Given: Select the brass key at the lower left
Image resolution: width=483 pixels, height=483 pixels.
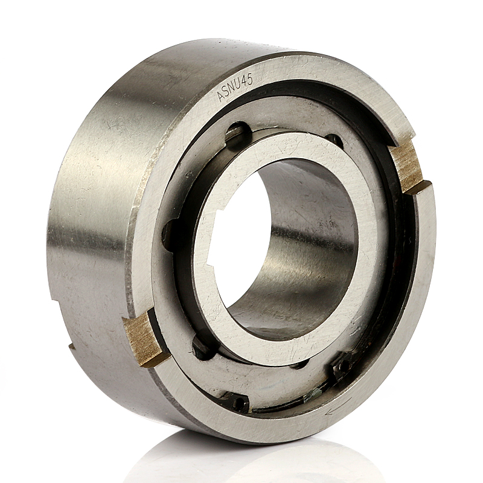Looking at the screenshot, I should pyautogui.click(x=144, y=339).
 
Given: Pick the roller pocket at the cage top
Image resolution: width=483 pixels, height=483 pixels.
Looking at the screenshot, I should pyautogui.click(x=237, y=133).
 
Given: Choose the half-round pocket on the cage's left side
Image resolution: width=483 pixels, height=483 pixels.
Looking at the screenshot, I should pyautogui.click(x=171, y=232).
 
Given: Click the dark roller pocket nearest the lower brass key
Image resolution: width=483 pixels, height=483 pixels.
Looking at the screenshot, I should pyautogui.click(x=202, y=348).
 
